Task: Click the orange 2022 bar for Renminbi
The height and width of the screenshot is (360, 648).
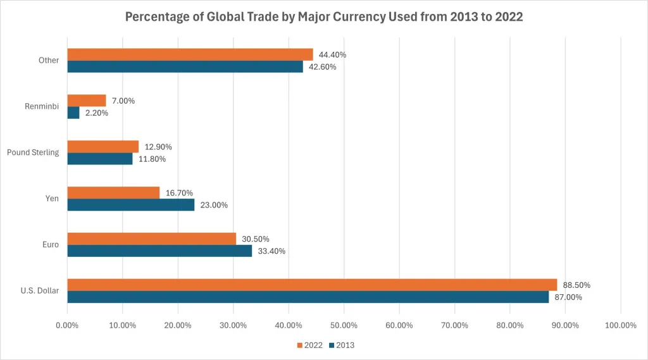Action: [x=86, y=101]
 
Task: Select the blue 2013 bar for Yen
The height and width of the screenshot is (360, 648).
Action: [x=130, y=205]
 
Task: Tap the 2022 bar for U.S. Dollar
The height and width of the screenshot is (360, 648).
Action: [x=311, y=285]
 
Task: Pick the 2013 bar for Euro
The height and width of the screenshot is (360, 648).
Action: [x=159, y=251]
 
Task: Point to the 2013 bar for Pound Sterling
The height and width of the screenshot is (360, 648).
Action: [x=99, y=159]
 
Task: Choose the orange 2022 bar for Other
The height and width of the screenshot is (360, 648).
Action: [x=190, y=54]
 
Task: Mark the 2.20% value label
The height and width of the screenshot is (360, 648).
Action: [x=97, y=113]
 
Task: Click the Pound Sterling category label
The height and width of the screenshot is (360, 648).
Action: [x=32, y=152]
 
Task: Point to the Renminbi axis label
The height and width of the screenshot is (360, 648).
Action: [x=41, y=106]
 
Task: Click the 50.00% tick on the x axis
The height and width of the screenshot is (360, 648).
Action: [x=344, y=326]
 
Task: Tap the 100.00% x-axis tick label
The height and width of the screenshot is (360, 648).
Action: [x=620, y=326]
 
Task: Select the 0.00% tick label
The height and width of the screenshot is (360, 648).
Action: [x=67, y=326]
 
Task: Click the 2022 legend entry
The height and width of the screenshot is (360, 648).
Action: [x=309, y=345]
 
